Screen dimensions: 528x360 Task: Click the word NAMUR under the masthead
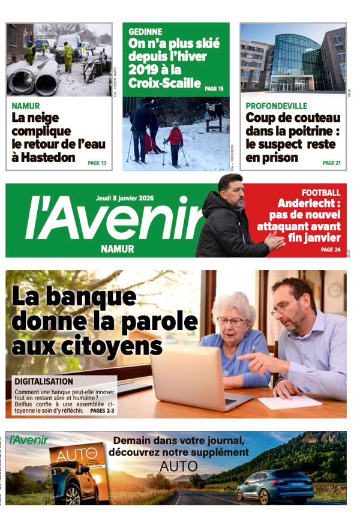[x=118, y=249]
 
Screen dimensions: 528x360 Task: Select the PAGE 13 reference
[x=97, y=163]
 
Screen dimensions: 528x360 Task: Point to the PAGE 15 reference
[x=214, y=89]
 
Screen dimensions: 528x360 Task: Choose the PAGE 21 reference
[x=331, y=163]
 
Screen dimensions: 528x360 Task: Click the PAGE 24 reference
[x=330, y=249]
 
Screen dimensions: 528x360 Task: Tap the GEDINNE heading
[x=145, y=32]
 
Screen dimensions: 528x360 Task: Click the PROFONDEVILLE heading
[x=277, y=106]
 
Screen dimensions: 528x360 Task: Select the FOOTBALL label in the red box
[x=321, y=193]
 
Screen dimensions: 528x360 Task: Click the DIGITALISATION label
[x=44, y=381]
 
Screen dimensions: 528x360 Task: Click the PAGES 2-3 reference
[x=102, y=411]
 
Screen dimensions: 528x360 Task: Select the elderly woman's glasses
[x=232, y=322]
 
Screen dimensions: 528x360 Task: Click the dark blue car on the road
[x=275, y=485]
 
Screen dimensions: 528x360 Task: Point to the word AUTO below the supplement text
[x=179, y=466]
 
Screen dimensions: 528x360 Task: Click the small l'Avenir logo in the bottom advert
[x=29, y=440]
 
